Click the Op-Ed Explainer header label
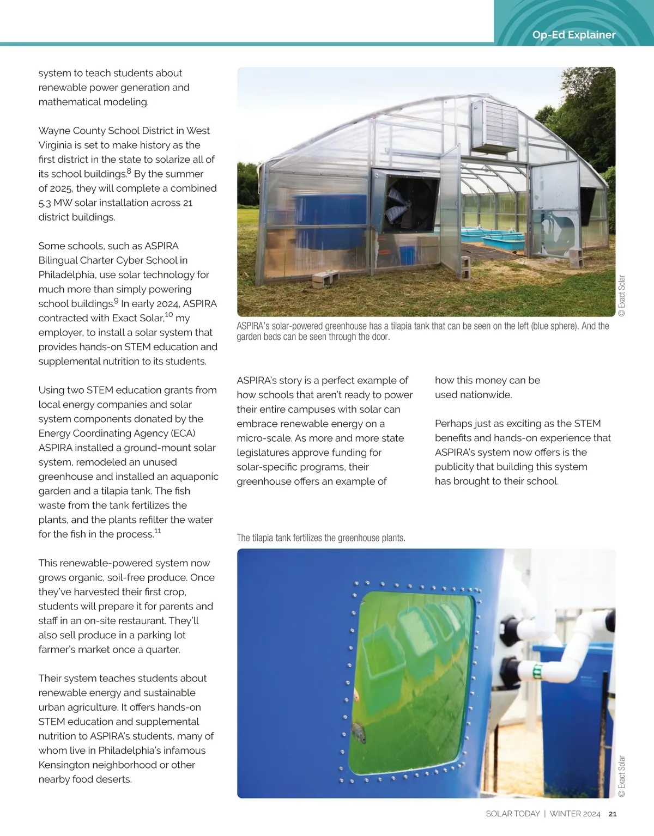click(x=573, y=35)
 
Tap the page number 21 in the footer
click(x=612, y=814)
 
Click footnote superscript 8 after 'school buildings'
click(x=129, y=172)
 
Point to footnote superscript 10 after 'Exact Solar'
click(x=169, y=315)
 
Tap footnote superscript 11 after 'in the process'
click(x=158, y=531)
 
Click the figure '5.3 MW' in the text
click(x=55, y=203)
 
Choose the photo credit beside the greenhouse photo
click(x=622, y=295)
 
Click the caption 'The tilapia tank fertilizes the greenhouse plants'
click(x=321, y=538)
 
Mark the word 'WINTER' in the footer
click(x=565, y=814)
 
